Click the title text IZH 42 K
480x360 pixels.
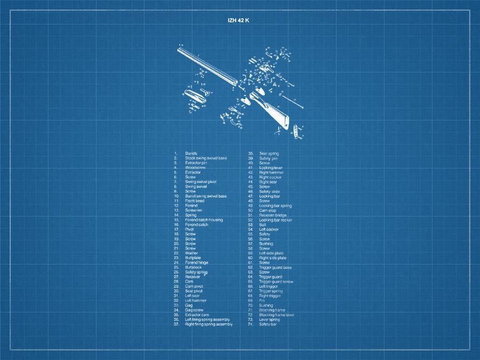[x=239, y=20]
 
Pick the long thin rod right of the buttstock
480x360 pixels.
[x=295, y=102]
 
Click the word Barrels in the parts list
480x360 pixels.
[x=191, y=153]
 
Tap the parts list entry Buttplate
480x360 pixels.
[x=193, y=258]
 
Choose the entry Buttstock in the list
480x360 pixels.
[x=193, y=267]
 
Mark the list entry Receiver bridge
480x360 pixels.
[x=273, y=215]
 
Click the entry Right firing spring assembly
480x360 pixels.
[x=209, y=324]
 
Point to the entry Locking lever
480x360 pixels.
[x=271, y=168]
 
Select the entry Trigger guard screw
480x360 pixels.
[x=276, y=281]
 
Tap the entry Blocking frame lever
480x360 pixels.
[x=277, y=315]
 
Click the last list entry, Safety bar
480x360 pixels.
[x=268, y=324]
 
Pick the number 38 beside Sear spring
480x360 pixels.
[x=251, y=153]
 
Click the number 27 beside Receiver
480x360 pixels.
[x=176, y=277]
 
